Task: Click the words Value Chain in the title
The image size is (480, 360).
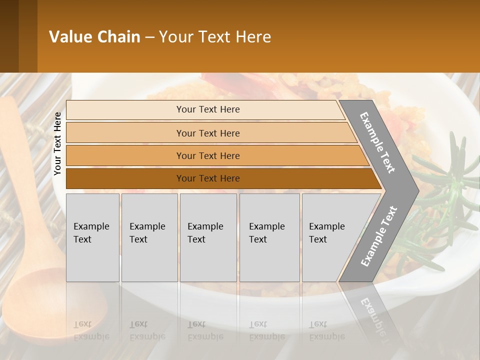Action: [x=94, y=37]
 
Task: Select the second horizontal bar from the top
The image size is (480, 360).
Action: [x=208, y=133]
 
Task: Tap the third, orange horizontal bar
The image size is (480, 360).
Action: [x=208, y=156]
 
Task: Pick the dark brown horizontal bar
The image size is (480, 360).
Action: [x=208, y=178]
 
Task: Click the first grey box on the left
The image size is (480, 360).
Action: [x=92, y=237]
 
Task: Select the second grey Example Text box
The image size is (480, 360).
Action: [x=149, y=237]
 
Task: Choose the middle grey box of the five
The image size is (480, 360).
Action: [x=208, y=237]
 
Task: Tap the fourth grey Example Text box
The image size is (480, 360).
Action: [x=269, y=237]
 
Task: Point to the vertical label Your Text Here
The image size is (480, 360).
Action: [x=57, y=143]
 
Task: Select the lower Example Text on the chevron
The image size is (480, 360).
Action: [x=379, y=236]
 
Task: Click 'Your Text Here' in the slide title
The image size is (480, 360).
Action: [x=215, y=37]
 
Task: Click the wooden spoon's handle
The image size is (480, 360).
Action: [x=20, y=165]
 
